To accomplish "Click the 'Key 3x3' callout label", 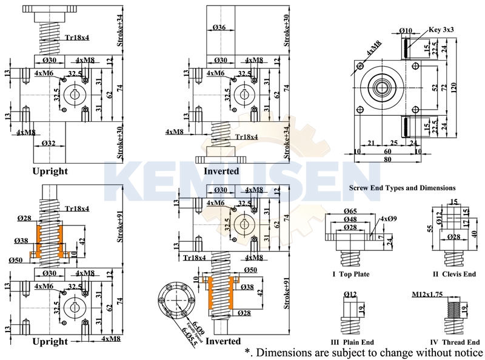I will coord(441,29).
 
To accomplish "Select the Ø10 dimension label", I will coord(406,30).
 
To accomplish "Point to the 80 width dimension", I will coord(387,160).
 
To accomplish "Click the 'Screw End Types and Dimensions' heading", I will coord(403,188).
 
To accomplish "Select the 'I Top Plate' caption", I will coord(351,274).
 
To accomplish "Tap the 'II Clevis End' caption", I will coord(454,274).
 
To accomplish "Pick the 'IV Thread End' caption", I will coord(455,342).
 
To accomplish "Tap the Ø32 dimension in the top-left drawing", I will coord(49,144).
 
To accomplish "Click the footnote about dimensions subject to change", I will coord(364,352).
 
